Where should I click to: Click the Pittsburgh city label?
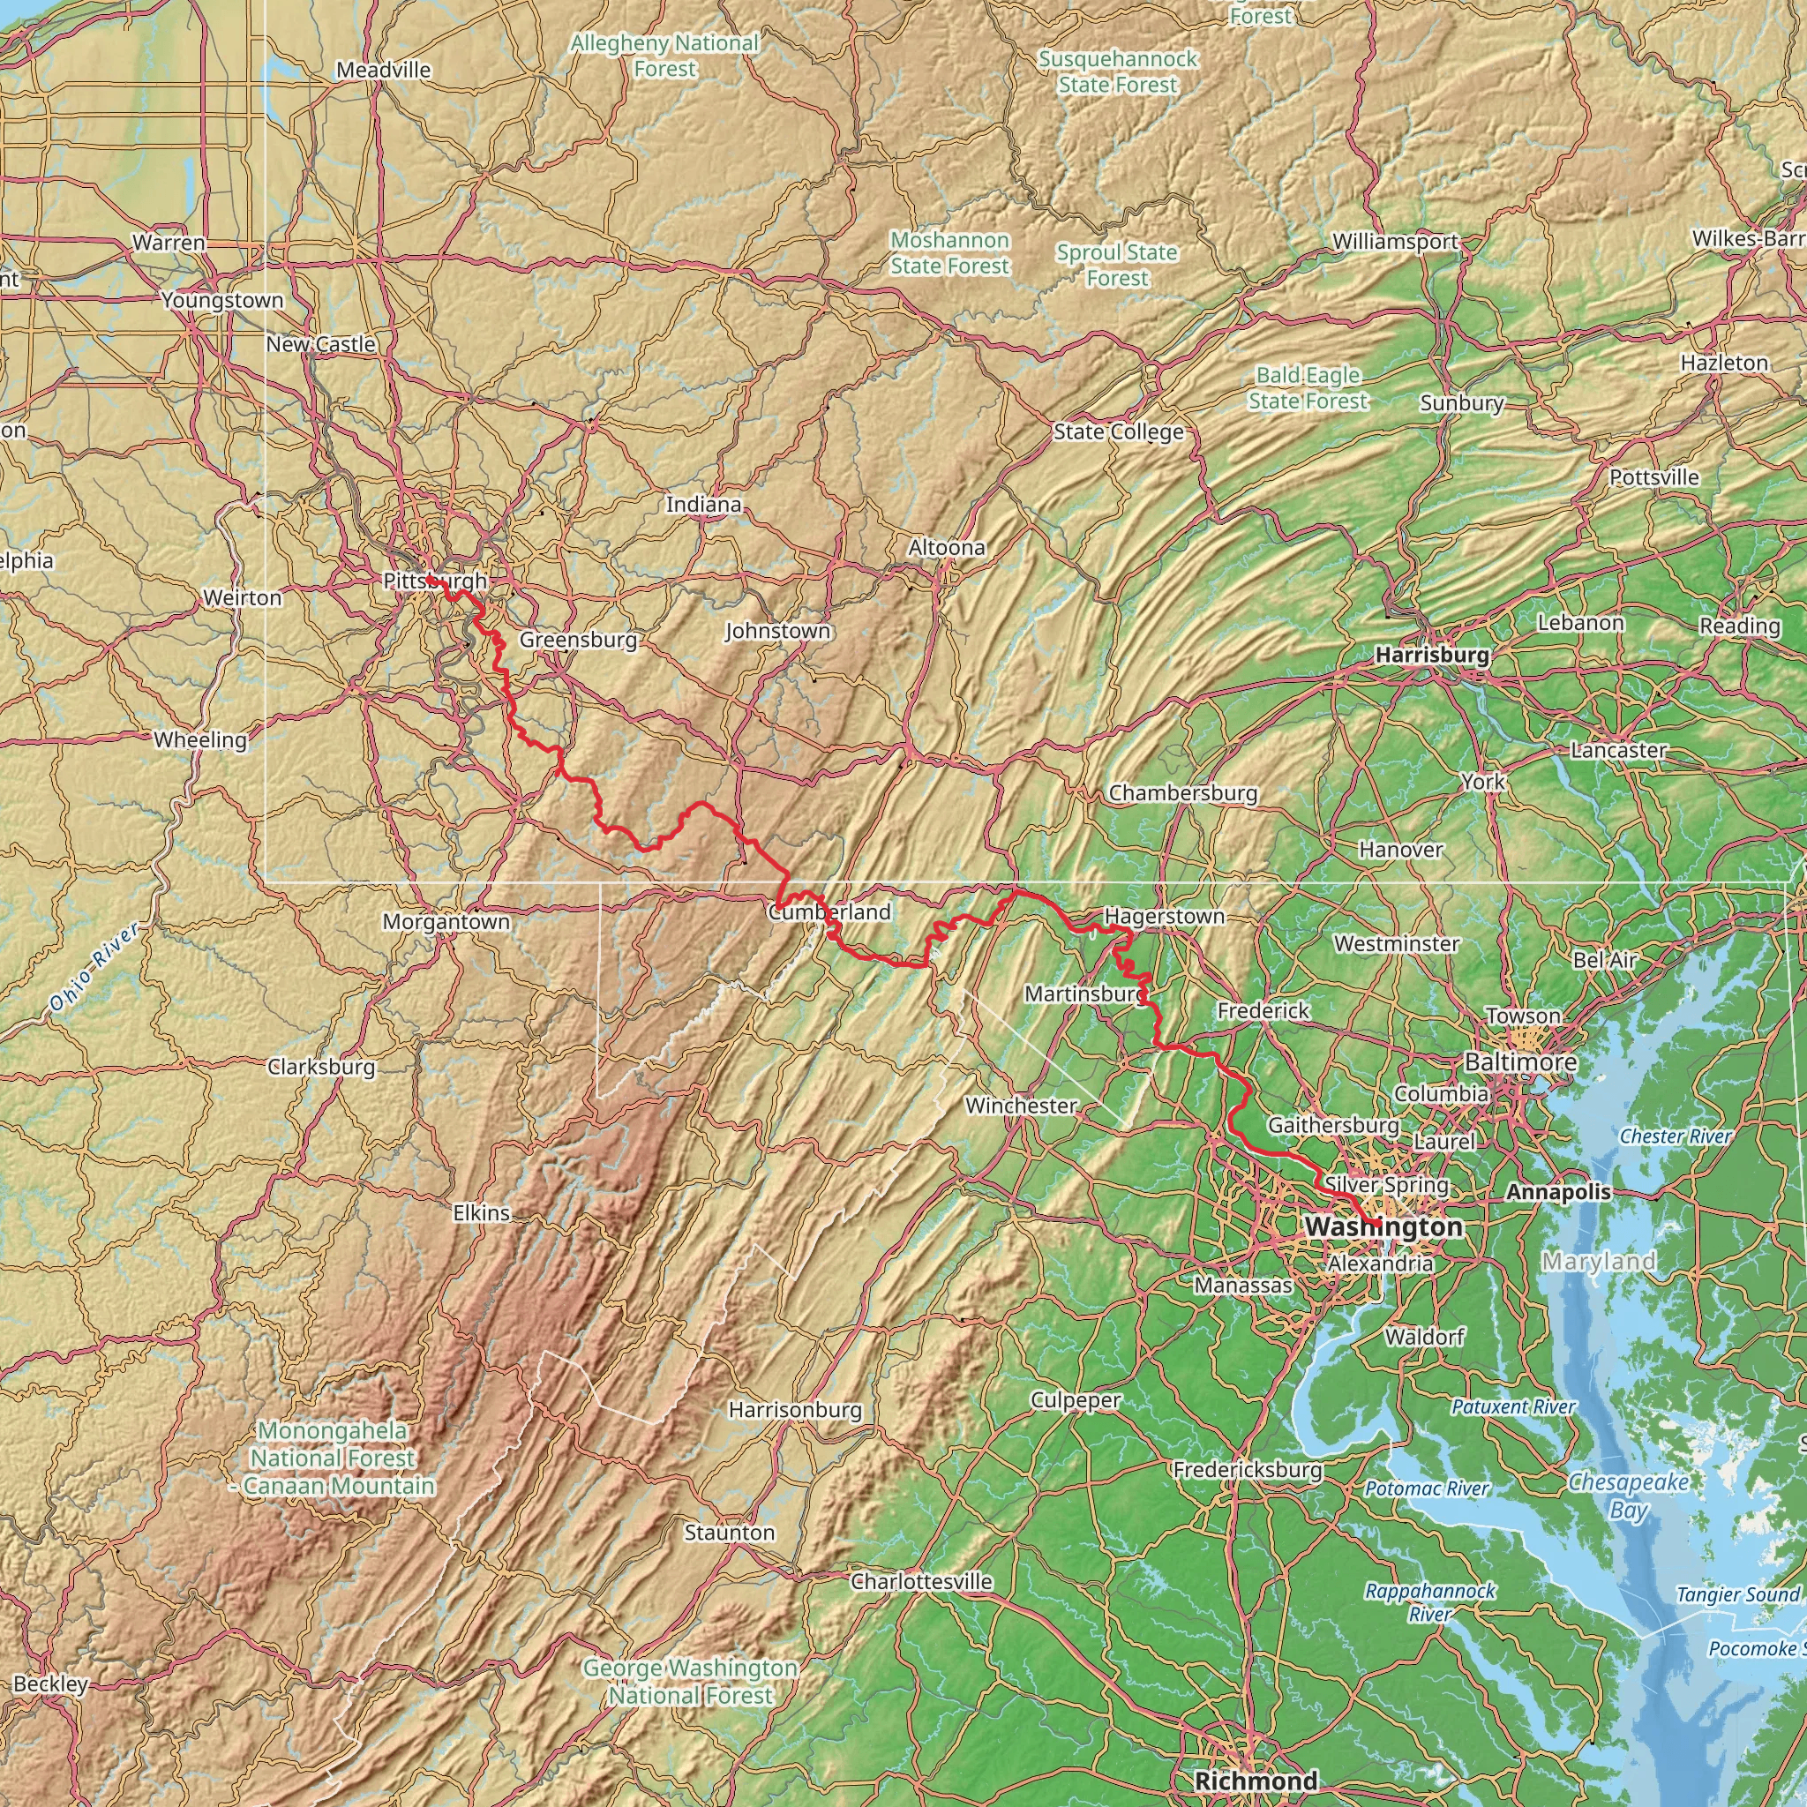coord(435,581)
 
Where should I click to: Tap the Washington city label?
coord(1383,1226)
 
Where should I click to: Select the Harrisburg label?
coord(1432,656)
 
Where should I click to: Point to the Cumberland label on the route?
coord(829,912)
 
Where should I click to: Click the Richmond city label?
coord(1256,1780)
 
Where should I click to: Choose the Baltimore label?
coord(1520,1062)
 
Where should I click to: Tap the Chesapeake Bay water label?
coord(1629,1496)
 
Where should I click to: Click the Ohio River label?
coord(94,967)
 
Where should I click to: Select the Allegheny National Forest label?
coord(665,56)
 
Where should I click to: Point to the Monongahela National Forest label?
coord(332,1458)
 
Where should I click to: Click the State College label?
coord(1119,432)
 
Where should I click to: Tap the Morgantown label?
coord(446,922)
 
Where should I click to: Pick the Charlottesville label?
coord(921,1580)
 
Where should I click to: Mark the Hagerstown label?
coord(1165,917)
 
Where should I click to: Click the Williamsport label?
coord(1396,241)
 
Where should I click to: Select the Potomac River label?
coord(1427,1488)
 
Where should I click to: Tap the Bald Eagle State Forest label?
coord(1308,388)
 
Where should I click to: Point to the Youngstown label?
coord(222,300)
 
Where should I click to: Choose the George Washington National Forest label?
coord(690,1682)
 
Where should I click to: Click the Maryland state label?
coord(1599,1262)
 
